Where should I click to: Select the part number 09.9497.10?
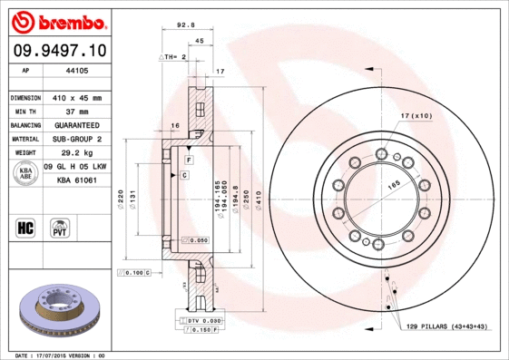57,51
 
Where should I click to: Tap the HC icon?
26,226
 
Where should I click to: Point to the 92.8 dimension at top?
188,26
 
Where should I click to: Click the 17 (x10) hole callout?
415,116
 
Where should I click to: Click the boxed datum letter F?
187,159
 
